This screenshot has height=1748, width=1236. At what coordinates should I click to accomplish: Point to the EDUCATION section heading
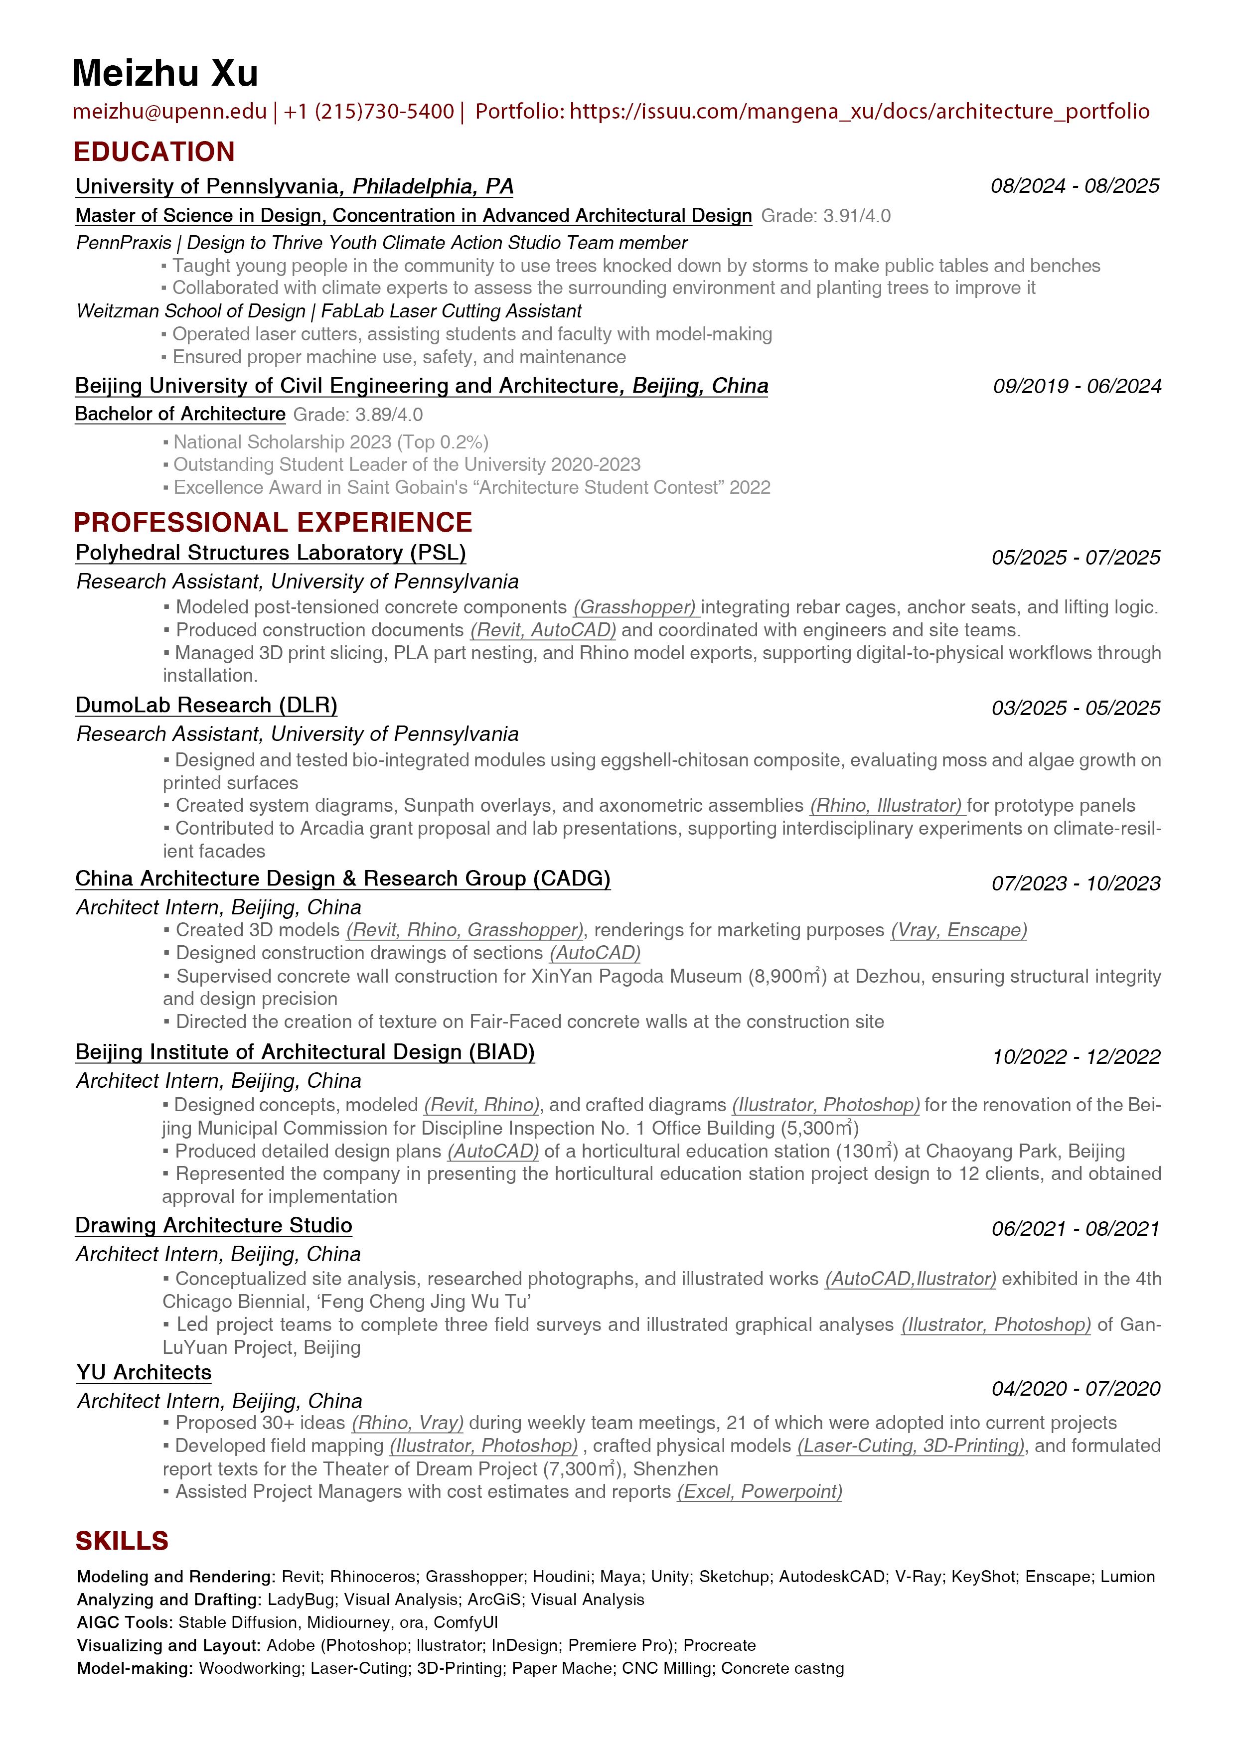154,152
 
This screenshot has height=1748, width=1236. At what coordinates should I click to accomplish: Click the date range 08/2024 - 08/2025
1075,186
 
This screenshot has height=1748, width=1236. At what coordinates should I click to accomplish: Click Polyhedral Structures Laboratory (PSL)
270,553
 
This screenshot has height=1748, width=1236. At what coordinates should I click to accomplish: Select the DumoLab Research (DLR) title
206,706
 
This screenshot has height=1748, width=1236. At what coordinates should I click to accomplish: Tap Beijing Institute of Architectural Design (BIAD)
305,1052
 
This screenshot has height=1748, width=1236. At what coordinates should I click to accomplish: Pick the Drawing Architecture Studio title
213,1226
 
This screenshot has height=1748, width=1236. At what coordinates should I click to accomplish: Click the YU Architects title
144,1373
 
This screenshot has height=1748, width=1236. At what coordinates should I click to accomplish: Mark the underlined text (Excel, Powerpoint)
759,1491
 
